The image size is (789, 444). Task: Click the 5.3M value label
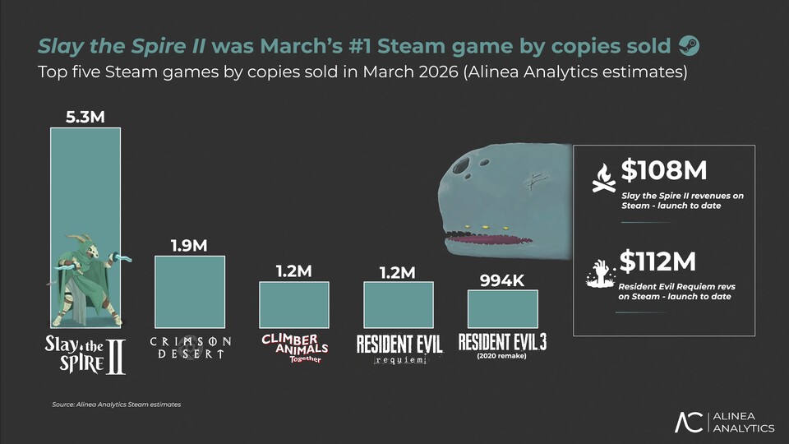[x=85, y=116]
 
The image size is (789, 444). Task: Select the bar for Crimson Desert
[x=189, y=292]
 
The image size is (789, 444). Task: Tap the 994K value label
[x=501, y=280]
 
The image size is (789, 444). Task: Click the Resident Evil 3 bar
[x=502, y=309]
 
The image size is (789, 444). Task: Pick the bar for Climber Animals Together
[x=293, y=305]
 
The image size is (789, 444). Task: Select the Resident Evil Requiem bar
[x=398, y=304]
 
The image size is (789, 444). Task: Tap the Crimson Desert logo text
[x=190, y=347]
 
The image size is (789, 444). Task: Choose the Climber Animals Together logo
[x=294, y=347]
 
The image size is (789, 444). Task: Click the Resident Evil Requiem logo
[x=399, y=348]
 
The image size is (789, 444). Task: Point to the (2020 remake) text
[x=502, y=357]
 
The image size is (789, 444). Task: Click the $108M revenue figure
[x=663, y=170]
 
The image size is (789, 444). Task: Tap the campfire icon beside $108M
[x=603, y=178]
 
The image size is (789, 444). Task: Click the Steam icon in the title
[x=690, y=44]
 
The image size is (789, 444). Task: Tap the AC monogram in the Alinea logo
[x=689, y=422]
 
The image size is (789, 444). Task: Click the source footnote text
[x=116, y=405]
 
